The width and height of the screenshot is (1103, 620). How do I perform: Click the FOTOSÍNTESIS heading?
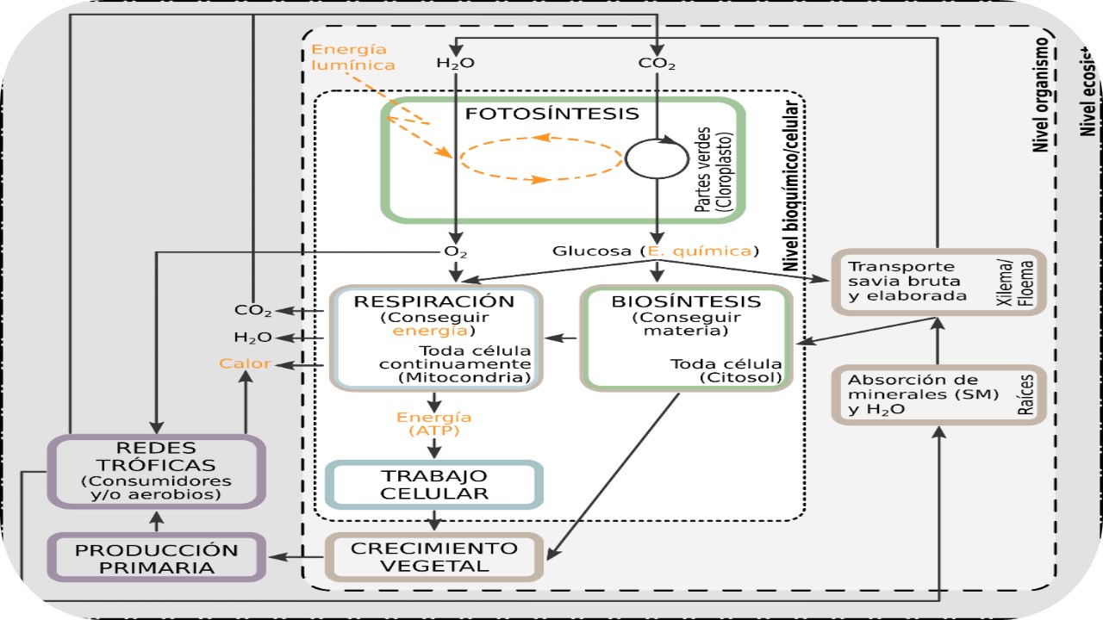tap(552, 114)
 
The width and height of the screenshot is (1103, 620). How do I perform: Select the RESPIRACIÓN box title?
tap(434, 301)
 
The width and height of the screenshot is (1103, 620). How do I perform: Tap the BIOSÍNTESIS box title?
tap(686, 301)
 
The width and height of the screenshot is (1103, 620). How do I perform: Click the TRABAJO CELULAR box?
tap(434, 485)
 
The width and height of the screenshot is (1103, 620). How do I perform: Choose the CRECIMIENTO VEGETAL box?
tap(434, 557)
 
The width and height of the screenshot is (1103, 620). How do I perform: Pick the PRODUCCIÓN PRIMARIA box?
tap(156, 558)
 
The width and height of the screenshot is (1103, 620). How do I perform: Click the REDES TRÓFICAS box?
tap(156, 470)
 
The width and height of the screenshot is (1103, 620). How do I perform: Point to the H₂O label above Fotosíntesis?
tap(455, 64)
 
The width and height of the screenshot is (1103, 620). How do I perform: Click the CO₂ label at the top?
tap(657, 64)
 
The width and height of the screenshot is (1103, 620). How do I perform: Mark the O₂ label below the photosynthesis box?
tap(455, 251)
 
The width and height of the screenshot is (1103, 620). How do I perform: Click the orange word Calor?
tap(245, 363)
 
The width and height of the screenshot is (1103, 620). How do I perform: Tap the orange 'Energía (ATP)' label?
tap(434, 424)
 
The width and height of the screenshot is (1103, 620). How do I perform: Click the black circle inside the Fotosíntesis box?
tap(657, 158)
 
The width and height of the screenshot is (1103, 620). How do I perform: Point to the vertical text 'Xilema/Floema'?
tap(1028, 282)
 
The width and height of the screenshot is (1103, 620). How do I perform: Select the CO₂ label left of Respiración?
tap(252, 310)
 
